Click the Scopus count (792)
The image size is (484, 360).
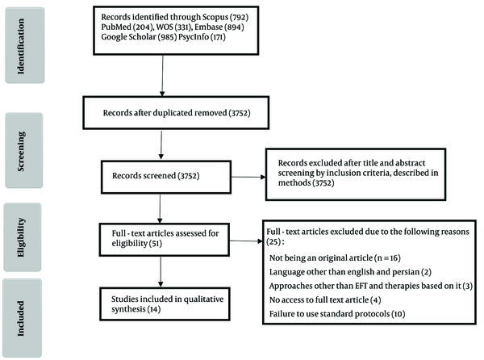pyautogui.click(x=239, y=17)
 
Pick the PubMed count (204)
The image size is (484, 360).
pyautogui.click(x=144, y=27)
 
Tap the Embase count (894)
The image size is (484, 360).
pyautogui.click(x=234, y=27)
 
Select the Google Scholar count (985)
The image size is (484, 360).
pyautogui.click(x=167, y=37)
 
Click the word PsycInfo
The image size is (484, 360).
pyautogui.click(x=194, y=37)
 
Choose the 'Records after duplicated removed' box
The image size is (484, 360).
pyautogui.click(x=176, y=113)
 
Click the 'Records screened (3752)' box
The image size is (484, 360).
pyautogui.click(x=166, y=177)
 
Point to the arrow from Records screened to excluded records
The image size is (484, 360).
pyautogui.click(x=248, y=177)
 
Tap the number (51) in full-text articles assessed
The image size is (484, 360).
pyautogui.click(x=156, y=243)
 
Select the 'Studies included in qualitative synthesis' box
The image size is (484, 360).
pyautogui.click(x=165, y=304)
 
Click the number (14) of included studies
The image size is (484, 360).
pyautogui.click(x=154, y=309)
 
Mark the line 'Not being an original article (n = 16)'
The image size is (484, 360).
pyautogui.click(x=335, y=257)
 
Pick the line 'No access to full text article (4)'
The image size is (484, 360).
pyautogui.click(x=325, y=299)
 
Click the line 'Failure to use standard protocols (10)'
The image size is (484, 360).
pyautogui.click(x=337, y=314)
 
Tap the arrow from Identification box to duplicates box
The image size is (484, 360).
pyautogui.click(x=162, y=76)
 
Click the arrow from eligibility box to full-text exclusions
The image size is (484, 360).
pyautogui.click(x=246, y=241)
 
